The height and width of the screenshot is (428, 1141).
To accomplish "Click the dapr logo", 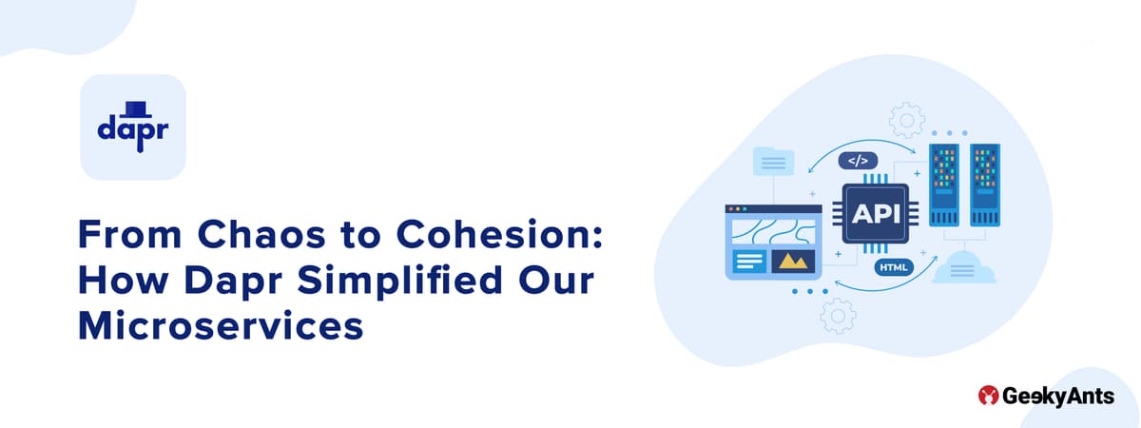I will pos(132,127).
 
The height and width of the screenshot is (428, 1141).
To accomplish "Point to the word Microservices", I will pos(221,325).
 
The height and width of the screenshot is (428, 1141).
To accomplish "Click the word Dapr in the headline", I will pos(236,281).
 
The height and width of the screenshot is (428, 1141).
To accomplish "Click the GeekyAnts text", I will pos(1057,397).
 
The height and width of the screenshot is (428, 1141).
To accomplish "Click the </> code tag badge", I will pos(858,161).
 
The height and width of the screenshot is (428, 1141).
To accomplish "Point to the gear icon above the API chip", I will pos(906,121).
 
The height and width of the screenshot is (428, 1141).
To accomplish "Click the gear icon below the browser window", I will pos(838,314).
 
